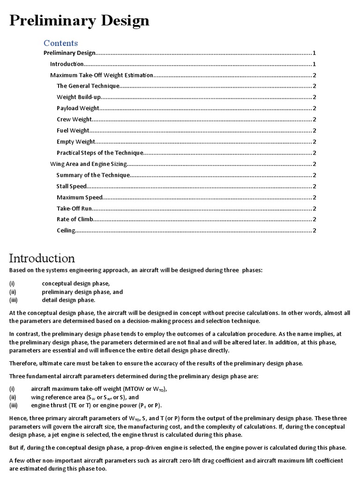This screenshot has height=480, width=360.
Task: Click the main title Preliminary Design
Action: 80,21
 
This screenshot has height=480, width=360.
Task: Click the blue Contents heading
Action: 60,43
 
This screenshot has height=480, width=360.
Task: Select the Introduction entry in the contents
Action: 67,64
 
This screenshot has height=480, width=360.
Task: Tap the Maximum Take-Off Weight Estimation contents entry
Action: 101,75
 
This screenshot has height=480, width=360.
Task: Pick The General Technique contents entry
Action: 88,86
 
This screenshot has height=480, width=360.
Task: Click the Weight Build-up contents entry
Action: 79,97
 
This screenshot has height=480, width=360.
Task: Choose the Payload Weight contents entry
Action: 78,108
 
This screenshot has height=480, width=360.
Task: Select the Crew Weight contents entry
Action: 75,120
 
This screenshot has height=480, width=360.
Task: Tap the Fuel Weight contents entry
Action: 73,130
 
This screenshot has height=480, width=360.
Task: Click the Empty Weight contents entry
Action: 76,142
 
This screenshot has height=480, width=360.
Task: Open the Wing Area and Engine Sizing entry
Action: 89,164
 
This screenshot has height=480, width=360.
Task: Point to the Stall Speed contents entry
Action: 72,186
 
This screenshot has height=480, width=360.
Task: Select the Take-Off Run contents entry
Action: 75,209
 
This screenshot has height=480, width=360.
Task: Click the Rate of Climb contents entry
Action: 75,219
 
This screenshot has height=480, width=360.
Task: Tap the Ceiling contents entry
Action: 66,231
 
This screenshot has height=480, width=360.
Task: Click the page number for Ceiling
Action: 314,231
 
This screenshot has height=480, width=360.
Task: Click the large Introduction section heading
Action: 42,258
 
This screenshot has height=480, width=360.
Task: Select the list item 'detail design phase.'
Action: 68,300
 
